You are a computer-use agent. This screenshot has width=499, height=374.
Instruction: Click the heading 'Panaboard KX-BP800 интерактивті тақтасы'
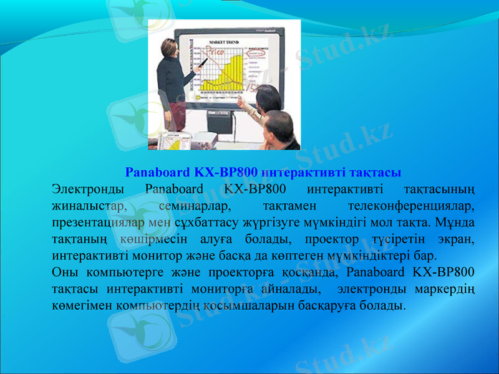(263, 171)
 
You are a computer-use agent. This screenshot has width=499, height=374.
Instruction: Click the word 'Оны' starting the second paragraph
(64, 272)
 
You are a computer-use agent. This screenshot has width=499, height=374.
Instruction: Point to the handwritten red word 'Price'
(216, 51)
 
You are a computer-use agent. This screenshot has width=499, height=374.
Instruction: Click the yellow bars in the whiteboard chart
(230, 78)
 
